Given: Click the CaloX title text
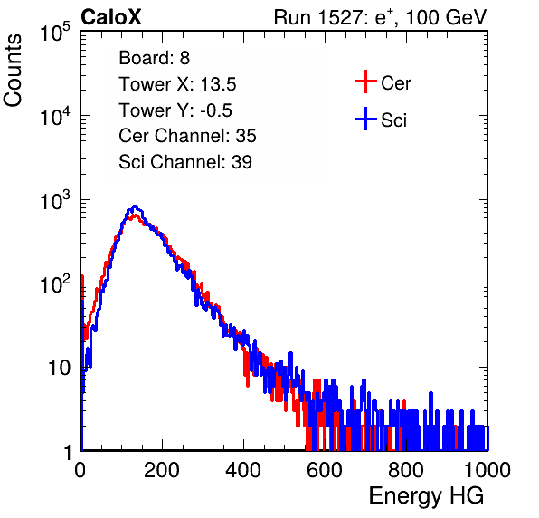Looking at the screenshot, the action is [110, 17].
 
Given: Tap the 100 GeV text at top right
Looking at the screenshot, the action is [446, 17].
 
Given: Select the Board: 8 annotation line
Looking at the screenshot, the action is [154, 58].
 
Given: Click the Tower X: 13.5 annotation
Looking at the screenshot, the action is [177, 84].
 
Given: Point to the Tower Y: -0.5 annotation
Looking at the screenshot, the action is [175, 110].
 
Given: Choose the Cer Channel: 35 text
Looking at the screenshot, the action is [187, 136].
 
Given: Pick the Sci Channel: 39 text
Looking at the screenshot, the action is [185, 162].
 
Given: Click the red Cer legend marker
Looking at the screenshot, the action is [365, 82].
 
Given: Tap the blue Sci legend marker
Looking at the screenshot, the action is [365, 120].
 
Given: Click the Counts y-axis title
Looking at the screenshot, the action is [13, 71].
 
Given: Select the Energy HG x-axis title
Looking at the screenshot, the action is [426, 496].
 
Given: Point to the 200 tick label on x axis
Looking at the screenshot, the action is [162, 470].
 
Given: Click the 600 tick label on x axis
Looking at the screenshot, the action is [325, 470].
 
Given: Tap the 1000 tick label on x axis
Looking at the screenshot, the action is [487, 470].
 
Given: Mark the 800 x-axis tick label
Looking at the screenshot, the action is [406, 470].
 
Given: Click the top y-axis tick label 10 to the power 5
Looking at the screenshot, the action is [55, 32].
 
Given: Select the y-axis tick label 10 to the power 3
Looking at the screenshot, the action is [55, 200].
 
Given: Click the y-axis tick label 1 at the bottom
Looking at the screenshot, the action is [68, 453].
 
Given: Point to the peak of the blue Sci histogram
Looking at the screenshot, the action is [135, 206].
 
